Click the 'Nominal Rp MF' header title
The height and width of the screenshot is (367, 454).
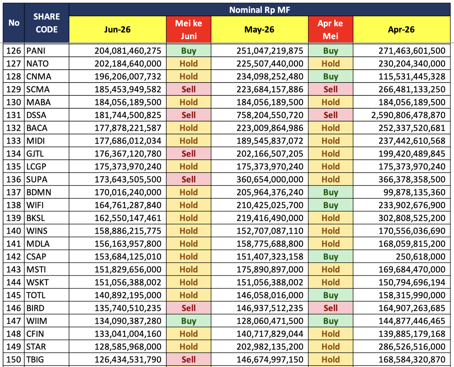[259, 10]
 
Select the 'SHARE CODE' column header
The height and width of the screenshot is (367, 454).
[47, 23]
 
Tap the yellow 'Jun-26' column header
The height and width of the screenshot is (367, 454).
[117, 30]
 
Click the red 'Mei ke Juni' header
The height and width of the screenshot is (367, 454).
[189, 30]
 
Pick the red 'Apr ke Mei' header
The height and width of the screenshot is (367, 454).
[330, 30]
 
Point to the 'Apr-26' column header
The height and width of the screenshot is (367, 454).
[401, 30]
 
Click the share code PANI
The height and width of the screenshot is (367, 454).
[36, 51]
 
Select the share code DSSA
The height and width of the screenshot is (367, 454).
[36, 115]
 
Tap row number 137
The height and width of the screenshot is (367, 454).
[14, 192]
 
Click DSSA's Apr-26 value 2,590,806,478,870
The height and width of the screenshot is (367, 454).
[408, 115]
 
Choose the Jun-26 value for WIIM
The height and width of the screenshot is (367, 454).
[128, 321]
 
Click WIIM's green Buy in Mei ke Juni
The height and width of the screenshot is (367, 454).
[189, 321]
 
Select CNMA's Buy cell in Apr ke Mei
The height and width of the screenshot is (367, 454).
[330, 77]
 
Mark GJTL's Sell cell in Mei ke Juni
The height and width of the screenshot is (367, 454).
[189, 153]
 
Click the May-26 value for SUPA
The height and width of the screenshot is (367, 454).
[270, 180]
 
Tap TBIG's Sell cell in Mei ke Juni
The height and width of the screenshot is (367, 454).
[189, 359]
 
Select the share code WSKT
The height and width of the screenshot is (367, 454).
[37, 283]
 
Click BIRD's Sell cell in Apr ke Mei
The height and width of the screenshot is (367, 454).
[330, 308]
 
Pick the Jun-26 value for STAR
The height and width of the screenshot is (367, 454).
[128, 347]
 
